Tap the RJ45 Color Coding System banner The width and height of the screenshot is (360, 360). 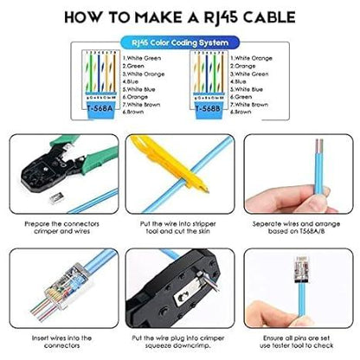coord(179,42)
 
